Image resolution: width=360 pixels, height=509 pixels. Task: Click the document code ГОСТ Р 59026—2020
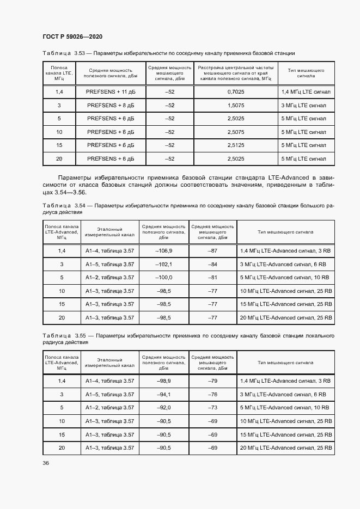pos(72,36)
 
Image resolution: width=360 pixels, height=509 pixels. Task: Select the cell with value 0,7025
pos(235,92)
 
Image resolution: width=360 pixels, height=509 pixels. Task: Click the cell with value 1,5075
pos(235,105)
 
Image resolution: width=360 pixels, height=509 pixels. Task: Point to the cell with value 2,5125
pos(235,145)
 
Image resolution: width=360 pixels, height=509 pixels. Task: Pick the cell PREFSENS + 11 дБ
pos(110,92)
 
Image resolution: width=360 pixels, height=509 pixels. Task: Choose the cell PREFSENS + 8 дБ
pos(110,105)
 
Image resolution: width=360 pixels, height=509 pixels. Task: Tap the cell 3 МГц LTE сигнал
pos(304,105)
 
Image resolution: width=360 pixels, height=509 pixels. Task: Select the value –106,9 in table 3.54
pos(164,250)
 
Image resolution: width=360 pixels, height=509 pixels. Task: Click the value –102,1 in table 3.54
pos(164,264)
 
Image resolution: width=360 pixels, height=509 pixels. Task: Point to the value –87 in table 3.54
pos(213,250)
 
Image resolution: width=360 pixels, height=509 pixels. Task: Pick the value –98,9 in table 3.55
pos(164,381)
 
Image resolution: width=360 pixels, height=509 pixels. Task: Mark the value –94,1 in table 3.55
pos(164,394)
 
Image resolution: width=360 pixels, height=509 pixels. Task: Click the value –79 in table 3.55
pos(213,381)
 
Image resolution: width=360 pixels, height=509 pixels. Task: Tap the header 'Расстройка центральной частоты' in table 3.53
pos(235,68)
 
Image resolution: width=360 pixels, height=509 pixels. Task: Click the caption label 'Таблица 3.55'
pos(59,336)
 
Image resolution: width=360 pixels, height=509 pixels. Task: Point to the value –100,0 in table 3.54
pos(164,277)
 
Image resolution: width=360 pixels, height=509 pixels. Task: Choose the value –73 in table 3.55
pos(213,407)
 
